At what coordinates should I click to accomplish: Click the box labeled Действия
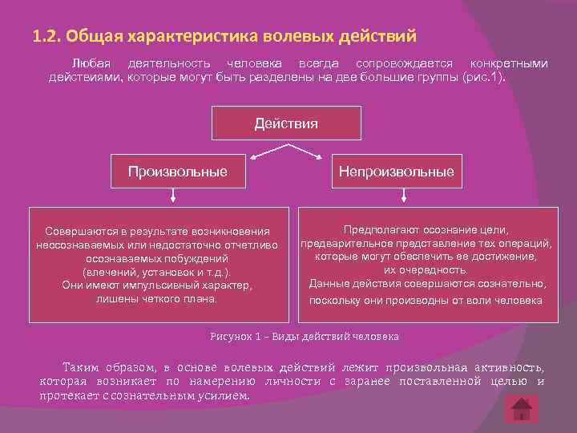[286, 123]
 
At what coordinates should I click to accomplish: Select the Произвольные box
[177, 172]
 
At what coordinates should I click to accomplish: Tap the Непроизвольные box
[396, 172]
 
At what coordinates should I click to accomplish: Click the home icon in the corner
[520, 409]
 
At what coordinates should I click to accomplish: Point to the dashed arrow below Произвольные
[172, 196]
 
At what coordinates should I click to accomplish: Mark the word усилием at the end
[228, 395]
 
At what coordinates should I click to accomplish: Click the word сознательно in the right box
[514, 284]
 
